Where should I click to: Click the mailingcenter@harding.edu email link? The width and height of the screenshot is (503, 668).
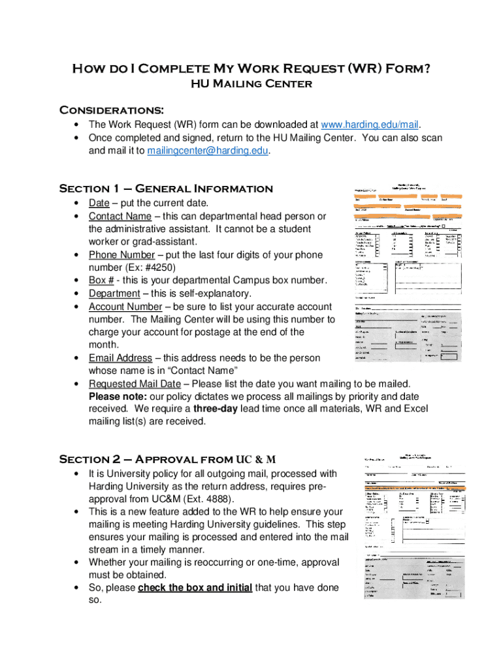tap(208, 151)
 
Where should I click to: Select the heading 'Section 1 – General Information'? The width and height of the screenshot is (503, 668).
tap(166, 189)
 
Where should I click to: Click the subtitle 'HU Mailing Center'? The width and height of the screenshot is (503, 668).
tap(251, 83)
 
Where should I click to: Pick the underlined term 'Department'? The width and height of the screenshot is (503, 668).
tap(114, 293)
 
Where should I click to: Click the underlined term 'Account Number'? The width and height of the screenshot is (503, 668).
tap(125, 306)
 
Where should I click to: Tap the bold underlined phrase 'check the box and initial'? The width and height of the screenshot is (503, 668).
tap(195, 587)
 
